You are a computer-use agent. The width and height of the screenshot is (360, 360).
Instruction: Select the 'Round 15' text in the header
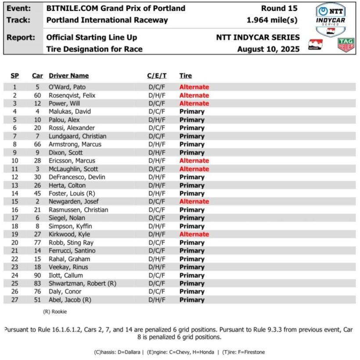(279, 8)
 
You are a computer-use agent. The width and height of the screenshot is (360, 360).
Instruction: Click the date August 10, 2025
(268, 49)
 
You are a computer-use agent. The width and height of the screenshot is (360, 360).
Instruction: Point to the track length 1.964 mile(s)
(272, 20)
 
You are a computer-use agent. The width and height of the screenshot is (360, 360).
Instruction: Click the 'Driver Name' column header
(68, 76)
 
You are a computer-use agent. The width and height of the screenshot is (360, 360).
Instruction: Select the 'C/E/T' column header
(157, 76)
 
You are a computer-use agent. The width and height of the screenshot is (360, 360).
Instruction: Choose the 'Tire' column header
(185, 76)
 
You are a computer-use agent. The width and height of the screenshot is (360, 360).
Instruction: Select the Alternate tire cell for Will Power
(194, 104)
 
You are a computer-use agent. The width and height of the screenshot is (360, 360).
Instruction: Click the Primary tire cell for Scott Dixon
(192, 152)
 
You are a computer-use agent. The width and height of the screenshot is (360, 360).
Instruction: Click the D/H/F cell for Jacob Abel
(157, 300)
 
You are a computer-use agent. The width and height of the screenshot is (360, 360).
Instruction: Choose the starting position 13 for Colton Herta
(14, 185)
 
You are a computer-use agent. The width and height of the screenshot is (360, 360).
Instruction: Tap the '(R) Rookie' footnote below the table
(55, 312)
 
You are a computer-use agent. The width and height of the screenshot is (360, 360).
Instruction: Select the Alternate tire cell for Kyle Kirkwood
(194, 234)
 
